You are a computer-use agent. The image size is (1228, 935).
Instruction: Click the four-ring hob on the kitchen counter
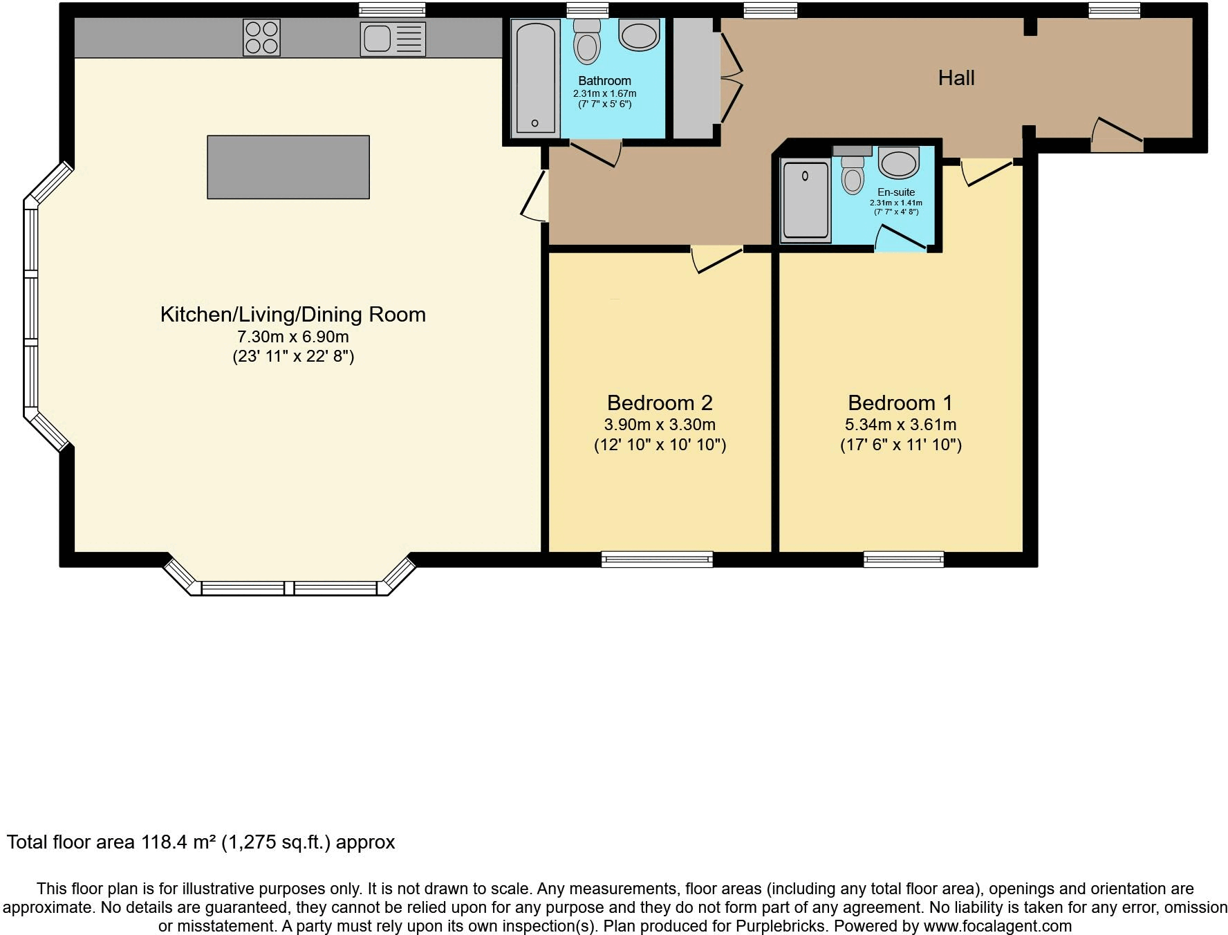pyautogui.click(x=261, y=37)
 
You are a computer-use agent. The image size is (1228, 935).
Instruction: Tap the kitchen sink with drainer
pyautogui.click(x=392, y=38)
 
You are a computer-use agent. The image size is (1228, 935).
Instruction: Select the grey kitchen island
pyautogui.click(x=288, y=167)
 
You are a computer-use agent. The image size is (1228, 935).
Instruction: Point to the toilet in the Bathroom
pyautogui.click(x=587, y=43)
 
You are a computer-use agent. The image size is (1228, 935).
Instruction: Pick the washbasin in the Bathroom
pyautogui.click(x=639, y=35)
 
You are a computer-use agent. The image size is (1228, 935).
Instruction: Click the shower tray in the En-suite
pyautogui.click(x=805, y=201)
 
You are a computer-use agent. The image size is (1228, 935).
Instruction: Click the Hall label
pyautogui.click(x=956, y=78)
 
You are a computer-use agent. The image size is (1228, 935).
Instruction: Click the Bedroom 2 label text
pyautogui.click(x=660, y=402)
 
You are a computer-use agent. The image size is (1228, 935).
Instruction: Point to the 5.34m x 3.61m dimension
pyautogui.click(x=900, y=425)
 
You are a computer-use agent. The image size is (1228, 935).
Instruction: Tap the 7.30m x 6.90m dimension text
pyautogui.click(x=293, y=337)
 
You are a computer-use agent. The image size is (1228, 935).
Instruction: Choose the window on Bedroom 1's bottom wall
pyautogui.click(x=904, y=559)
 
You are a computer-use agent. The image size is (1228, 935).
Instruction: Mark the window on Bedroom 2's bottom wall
pyautogui.click(x=657, y=559)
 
